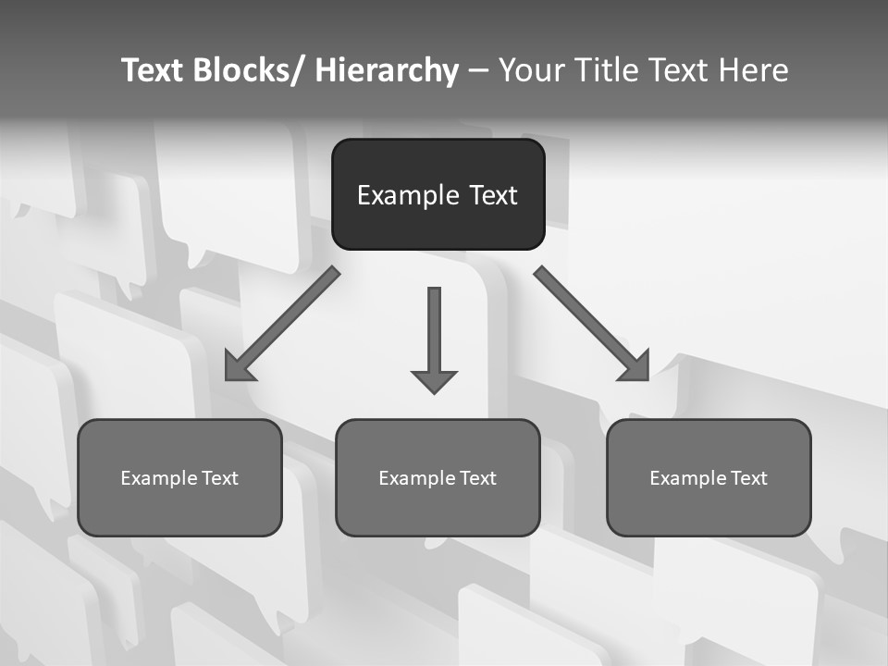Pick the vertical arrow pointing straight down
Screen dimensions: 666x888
(434, 333)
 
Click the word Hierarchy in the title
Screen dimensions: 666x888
(387, 70)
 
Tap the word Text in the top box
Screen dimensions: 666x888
(493, 195)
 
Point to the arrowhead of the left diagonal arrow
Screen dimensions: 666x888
(239, 367)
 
